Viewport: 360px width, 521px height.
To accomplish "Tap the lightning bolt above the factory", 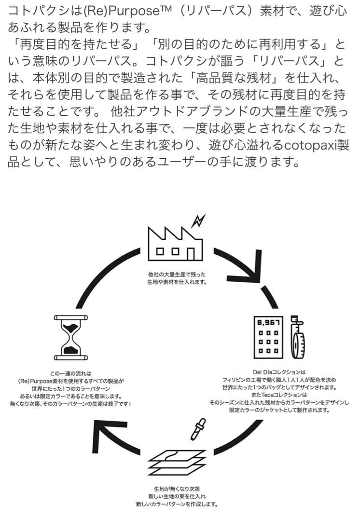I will coord(198,221).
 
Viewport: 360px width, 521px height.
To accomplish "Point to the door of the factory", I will coord(192,253).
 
